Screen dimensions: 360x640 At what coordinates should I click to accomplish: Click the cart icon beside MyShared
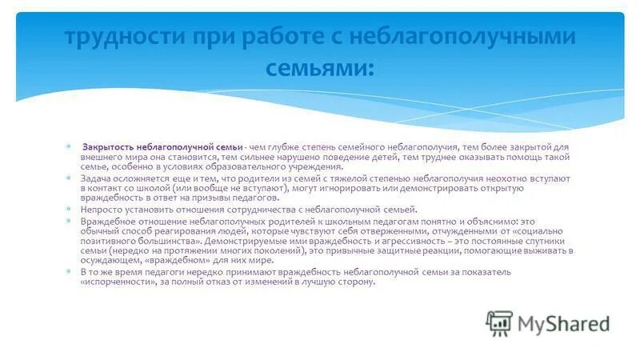(499, 322)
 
